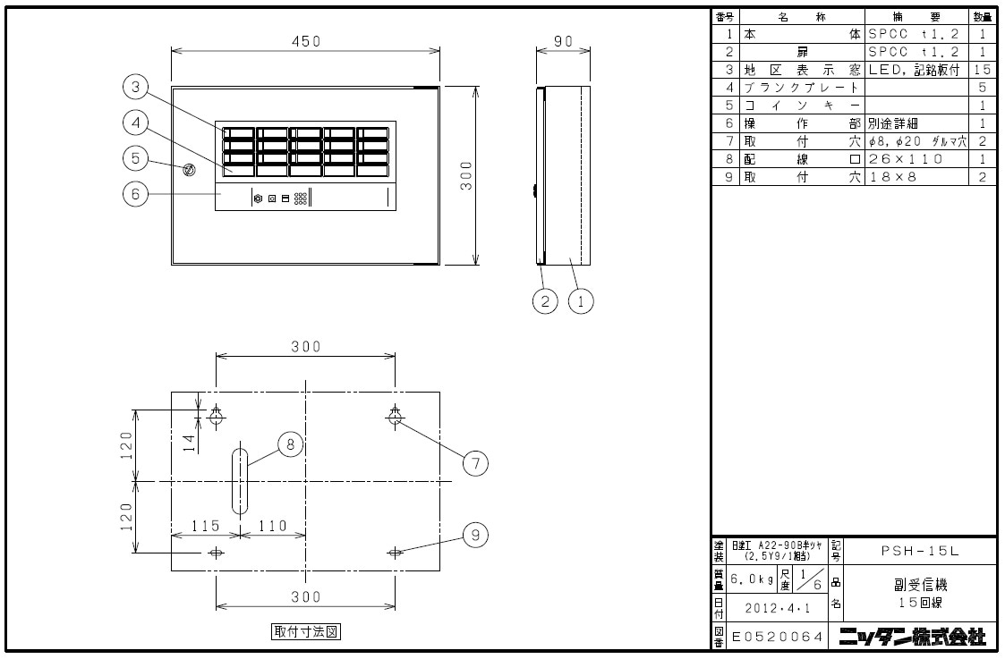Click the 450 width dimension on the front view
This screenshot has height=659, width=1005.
[305, 41]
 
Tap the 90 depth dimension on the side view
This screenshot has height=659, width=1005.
[563, 41]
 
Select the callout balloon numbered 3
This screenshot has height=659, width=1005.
[135, 87]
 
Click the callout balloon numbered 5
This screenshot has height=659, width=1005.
[135, 157]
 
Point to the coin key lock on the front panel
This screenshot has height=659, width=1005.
[189, 170]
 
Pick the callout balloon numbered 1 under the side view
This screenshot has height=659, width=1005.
[581, 301]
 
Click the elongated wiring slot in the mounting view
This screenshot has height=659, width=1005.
[240, 481]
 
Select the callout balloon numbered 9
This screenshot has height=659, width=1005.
[475, 535]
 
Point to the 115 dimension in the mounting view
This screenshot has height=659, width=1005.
[205, 526]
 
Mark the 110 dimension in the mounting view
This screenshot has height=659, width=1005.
[272, 526]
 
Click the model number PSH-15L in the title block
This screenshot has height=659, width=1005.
[917, 551]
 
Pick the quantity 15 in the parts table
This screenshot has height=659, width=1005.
[983, 70]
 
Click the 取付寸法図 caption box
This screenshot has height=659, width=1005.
[306, 631]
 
